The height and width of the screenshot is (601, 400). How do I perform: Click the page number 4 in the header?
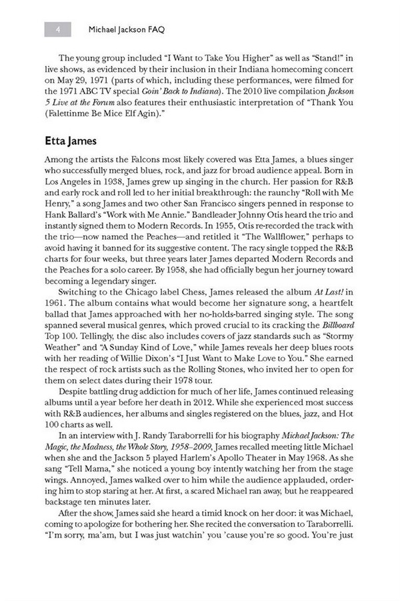point(59,29)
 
